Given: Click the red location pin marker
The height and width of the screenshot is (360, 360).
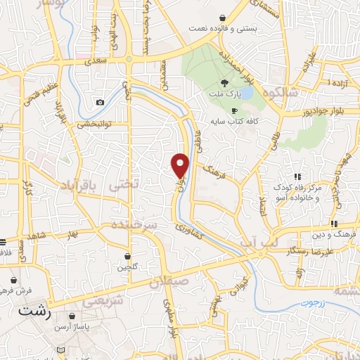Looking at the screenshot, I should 181,165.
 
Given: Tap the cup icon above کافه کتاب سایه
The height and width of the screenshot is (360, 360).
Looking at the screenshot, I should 235,110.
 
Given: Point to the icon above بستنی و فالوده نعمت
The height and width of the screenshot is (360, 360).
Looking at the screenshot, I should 223,18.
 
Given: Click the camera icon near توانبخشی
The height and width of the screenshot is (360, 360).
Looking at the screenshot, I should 100,103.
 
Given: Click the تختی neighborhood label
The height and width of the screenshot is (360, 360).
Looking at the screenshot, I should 124,184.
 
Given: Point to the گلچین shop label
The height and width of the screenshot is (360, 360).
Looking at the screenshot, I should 127,267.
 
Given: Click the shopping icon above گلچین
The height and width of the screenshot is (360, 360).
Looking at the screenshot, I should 127,256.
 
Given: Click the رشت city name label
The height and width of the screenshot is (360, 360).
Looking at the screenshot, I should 34,309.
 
